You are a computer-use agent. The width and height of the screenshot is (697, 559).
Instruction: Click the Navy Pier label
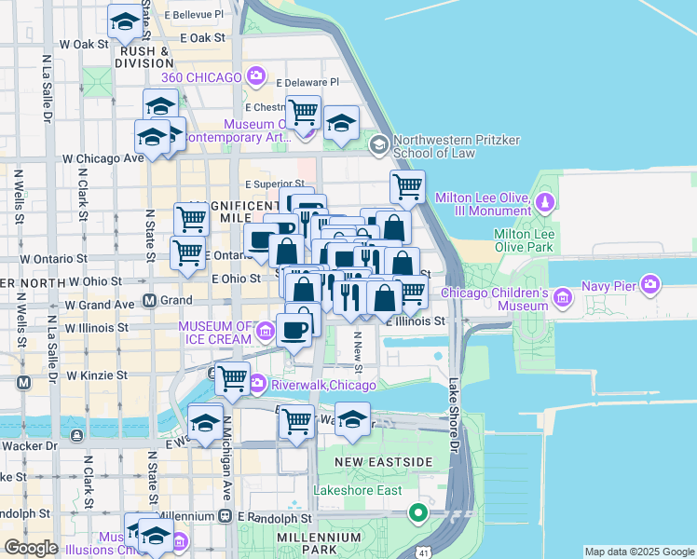point(608,285)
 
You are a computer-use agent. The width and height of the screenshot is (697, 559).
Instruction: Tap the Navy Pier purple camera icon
point(650,283)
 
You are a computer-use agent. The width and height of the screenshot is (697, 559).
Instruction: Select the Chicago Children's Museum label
point(494,299)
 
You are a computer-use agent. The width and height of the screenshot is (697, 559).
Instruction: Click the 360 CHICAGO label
point(201,76)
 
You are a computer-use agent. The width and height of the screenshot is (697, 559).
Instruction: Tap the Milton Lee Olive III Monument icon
point(544,202)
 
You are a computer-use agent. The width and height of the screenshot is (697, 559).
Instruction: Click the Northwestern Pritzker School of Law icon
point(379,144)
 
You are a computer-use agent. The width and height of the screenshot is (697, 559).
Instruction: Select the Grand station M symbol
point(148,301)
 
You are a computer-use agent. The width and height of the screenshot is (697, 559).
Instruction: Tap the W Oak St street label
point(84,44)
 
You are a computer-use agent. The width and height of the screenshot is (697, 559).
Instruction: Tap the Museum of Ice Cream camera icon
point(265,331)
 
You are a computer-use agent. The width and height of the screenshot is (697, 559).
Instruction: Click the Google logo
point(31,548)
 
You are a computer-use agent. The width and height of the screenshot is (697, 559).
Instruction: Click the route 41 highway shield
point(424,552)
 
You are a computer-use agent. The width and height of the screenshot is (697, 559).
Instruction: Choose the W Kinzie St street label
point(96,375)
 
